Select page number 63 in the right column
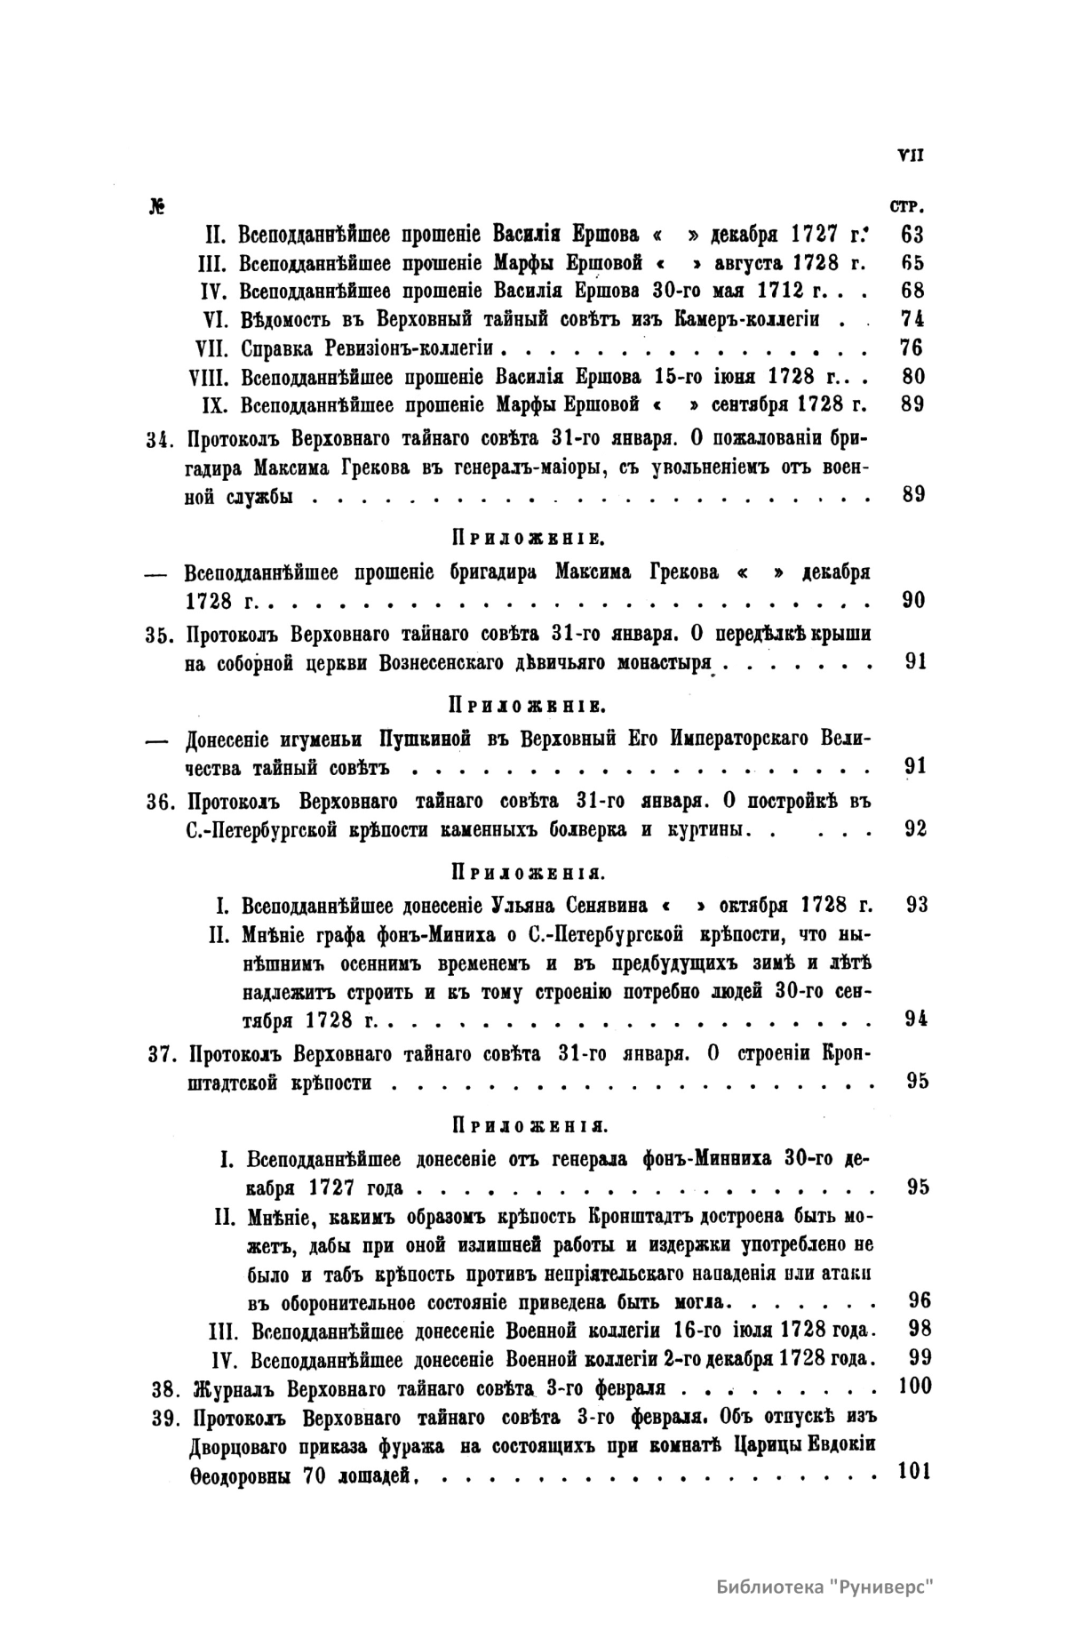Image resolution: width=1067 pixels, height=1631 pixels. coord(912,236)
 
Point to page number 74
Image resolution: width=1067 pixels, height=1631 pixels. coord(912,319)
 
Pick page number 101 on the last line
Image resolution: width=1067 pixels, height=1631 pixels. coord(913,1470)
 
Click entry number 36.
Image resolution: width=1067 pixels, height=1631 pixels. coord(163,802)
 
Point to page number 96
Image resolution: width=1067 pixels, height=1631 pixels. coord(920,1301)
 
